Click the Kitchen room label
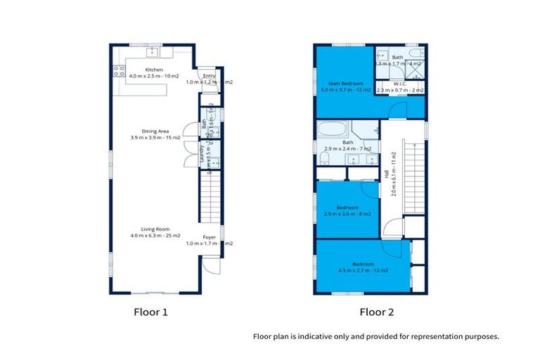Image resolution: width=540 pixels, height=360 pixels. (x=153, y=70)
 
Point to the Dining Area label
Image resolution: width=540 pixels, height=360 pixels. (x=155, y=131)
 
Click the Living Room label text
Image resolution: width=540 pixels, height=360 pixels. (x=155, y=229)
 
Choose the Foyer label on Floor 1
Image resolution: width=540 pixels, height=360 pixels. (x=210, y=237)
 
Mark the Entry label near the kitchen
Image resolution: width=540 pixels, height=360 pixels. (x=209, y=76)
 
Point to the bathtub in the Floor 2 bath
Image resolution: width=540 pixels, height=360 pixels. (x=332, y=131)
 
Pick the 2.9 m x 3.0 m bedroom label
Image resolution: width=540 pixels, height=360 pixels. (x=348, y=207)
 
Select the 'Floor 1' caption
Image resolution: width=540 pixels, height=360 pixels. (x=151, y=311)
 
